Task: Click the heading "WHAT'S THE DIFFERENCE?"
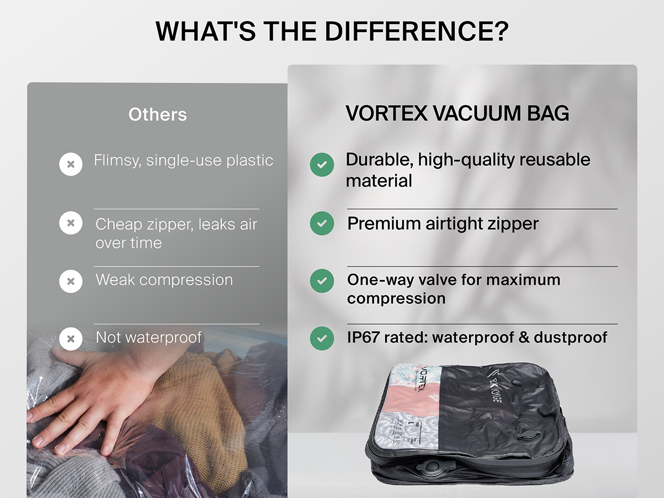pos(332,32)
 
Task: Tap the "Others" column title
pos(158,115)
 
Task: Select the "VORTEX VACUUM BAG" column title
pos(457,113)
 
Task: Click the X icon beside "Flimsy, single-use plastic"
pos(71,164)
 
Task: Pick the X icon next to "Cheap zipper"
pos(71,223)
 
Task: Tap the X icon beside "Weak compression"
pos(71,281)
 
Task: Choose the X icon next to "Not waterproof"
pos(71,339)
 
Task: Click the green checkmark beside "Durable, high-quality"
pos(322,164)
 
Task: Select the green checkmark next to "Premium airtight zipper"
pos(322,224)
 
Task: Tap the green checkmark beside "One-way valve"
pos(322,281)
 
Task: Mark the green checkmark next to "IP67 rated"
pos(322,338)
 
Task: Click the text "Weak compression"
pos(164,280)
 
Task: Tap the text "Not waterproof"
pos(148,337)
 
